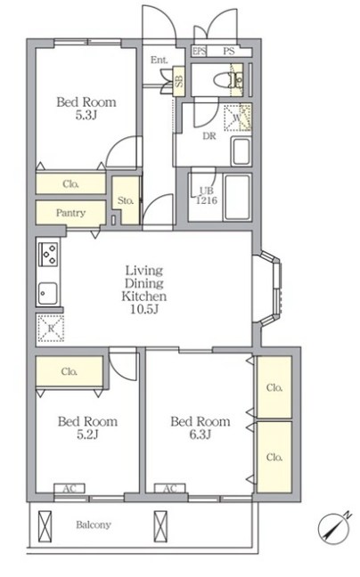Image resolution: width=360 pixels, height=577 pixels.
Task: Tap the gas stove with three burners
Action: [x=48, y=254]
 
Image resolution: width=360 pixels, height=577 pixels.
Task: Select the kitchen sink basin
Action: [x=48, y=293]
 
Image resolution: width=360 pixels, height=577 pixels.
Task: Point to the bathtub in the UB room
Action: [x=237, y=198]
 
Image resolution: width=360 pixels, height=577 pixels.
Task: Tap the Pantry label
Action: [x=70, y=213]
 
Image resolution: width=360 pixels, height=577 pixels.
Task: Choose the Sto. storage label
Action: [x=126, y=200]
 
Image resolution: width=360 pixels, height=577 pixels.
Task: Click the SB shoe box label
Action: [x=179, y=81]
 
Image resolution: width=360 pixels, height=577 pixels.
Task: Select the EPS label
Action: [x=199, y=51]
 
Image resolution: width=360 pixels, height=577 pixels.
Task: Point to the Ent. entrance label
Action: [x=159, y=60]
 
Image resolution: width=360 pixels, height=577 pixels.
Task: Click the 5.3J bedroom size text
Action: [x=86, y=115]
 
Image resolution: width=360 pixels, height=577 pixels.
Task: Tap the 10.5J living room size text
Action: [x=144, y=309]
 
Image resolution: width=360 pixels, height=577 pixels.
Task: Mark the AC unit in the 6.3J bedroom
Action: [x=169, y=488]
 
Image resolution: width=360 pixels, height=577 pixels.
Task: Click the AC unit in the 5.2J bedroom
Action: [x=70, y=488]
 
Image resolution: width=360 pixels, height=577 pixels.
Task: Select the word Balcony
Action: [x=94, y=524]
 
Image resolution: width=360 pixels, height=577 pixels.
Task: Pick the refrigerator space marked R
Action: [x=51, y=328]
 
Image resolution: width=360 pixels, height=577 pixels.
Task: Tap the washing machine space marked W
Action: [x=238, y=118]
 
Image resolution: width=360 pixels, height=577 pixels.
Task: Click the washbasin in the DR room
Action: [x=241, y=151]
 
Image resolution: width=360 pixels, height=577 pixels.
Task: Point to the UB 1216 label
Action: [x=207, y=195]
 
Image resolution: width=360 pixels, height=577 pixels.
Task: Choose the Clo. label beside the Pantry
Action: [x=70, y=183]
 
